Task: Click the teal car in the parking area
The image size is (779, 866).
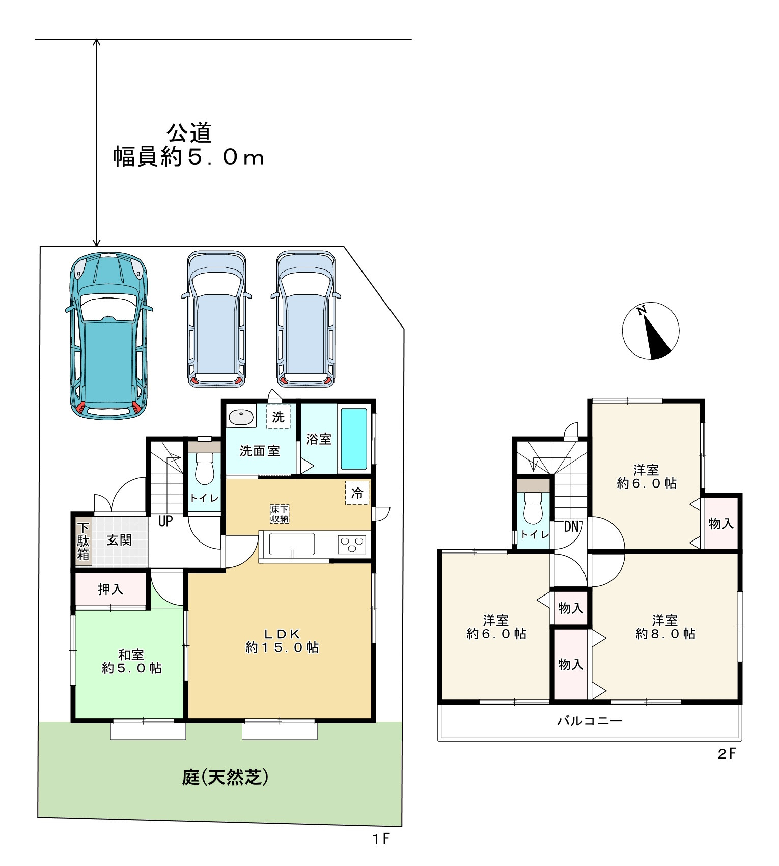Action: [x=108, y=335]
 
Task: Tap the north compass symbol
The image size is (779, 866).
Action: [x=651, y=331]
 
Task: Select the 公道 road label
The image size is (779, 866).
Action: [x=189, y=133]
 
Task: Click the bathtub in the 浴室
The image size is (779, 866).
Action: [x=354, y=438]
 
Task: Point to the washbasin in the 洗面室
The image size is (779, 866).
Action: [x=241, y=417]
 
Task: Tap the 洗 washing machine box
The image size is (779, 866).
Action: [x=278, y=417]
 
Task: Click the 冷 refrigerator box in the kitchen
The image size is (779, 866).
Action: [x=357, y=493]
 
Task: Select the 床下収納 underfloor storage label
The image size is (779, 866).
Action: [x=280, y=514]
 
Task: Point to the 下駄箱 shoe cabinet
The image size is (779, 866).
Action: [x=83, y=541]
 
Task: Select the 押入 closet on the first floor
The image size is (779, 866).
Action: [x=111, y=589]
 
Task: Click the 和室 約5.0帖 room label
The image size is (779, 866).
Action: [x=132, y=661]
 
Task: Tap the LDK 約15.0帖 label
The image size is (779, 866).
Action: [x=282, y=640]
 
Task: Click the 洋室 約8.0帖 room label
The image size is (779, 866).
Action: [x=665, y=627]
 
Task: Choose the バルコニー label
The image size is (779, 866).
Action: [x=590, y=721]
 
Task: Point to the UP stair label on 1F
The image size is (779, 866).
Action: [x=165, y=521]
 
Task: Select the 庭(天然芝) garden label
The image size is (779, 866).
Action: [x=225, y=777]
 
